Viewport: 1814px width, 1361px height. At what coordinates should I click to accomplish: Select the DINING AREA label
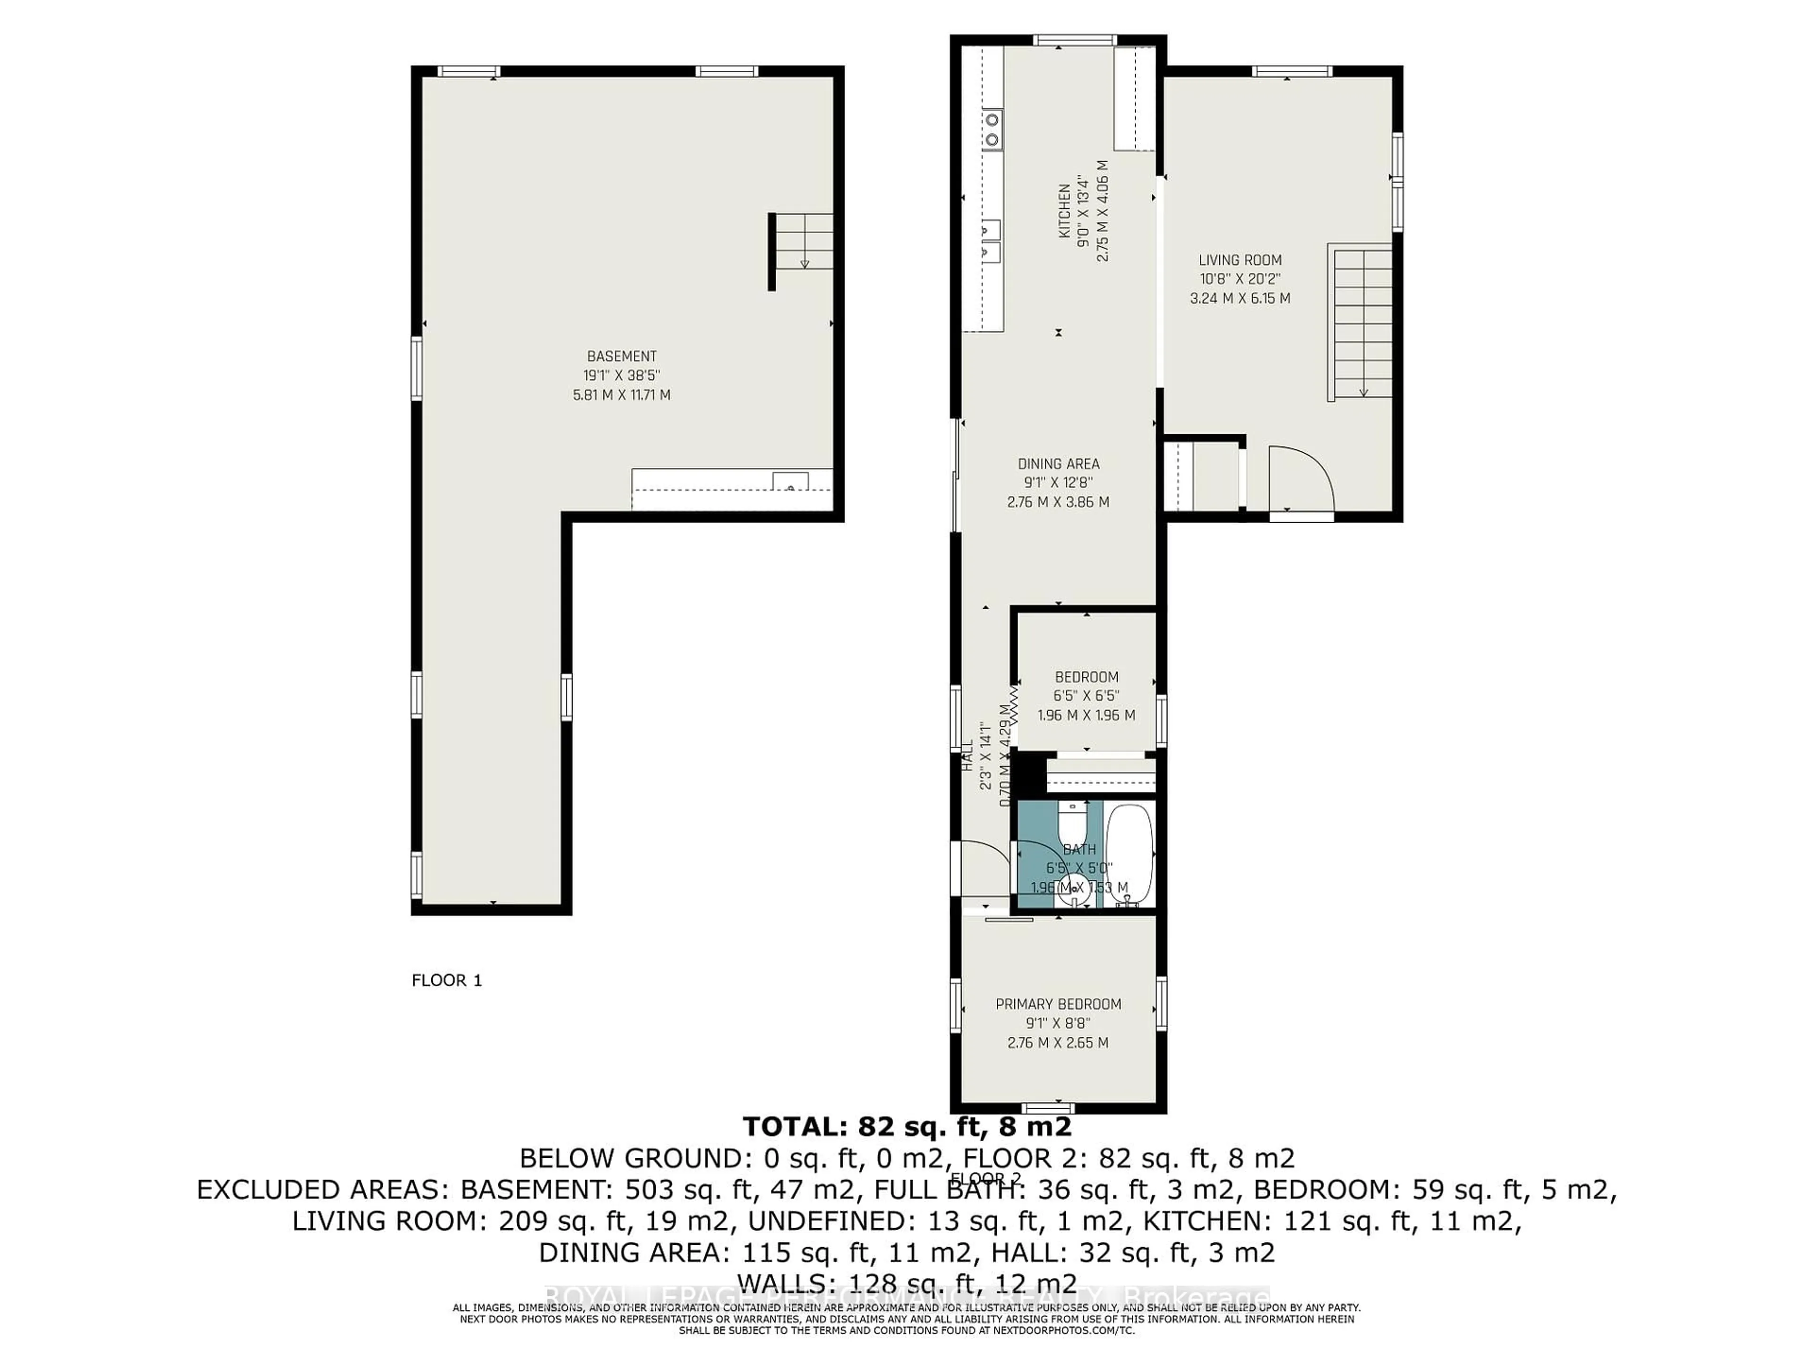coord(1058,464)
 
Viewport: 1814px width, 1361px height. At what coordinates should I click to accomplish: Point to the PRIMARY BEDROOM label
coord(1058,1004)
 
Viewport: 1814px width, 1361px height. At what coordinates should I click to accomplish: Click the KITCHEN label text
coord(1064,211)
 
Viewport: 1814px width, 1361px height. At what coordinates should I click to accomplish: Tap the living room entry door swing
coord(1300,478)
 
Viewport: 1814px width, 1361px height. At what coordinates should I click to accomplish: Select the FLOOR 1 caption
coord(446,981)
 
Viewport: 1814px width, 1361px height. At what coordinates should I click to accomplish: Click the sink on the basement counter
coord(790,482)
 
